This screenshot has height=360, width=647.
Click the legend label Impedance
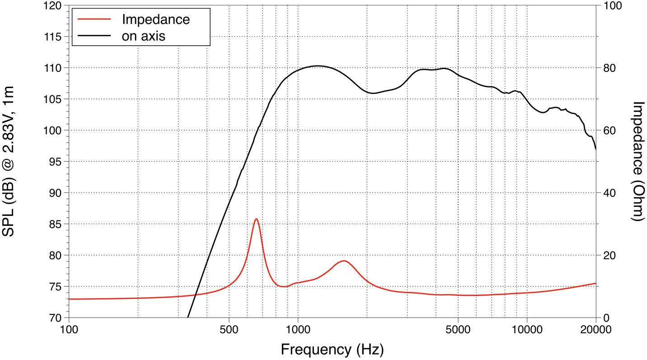(155, 19)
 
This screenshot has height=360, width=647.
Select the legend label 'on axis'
(143, 36)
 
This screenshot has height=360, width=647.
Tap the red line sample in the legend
(94, 19)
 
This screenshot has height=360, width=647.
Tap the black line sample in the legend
(94, 36)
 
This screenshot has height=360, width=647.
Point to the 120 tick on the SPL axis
(53, 6)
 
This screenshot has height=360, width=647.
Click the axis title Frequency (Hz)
(332, 349)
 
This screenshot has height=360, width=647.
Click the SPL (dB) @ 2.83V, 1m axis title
(9, 161)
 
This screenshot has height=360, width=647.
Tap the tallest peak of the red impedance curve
(256, 219)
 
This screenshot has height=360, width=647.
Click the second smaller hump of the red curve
(343, 261)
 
